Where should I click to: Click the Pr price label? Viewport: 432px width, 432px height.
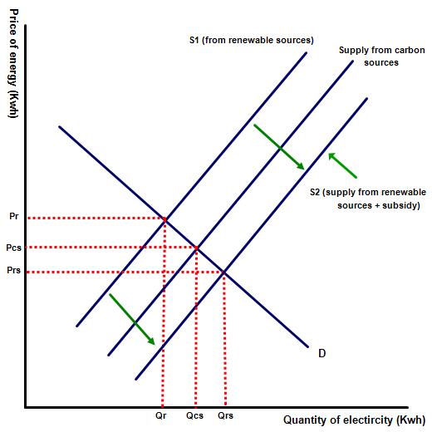[14, 216]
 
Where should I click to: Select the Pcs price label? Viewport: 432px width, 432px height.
[13, 248]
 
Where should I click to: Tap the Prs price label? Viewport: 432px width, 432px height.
[13, 270]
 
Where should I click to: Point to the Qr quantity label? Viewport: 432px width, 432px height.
[161, 415]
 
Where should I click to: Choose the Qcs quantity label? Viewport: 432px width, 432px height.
[194, 415]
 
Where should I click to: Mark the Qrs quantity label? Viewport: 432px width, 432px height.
[225, 415]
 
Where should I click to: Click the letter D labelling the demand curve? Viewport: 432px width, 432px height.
[322, 353]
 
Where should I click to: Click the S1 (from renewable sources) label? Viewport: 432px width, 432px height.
[252, 40]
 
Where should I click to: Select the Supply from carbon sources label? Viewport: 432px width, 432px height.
[381, 56]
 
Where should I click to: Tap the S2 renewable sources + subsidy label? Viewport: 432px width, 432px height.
[368, 199]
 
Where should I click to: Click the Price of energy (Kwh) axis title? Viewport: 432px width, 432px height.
[14, 64]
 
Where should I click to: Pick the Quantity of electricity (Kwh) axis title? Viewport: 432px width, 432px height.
[354, 420]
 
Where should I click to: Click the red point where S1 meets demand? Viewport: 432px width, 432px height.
[165, 220]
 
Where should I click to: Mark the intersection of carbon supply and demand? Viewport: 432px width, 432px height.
[196, 248]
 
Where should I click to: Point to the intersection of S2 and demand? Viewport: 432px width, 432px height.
[224, 272]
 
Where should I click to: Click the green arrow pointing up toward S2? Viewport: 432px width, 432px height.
[342, 165]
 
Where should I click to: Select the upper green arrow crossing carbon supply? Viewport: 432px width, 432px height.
[279, 147]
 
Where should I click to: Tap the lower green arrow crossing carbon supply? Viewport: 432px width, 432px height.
[132, 319]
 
